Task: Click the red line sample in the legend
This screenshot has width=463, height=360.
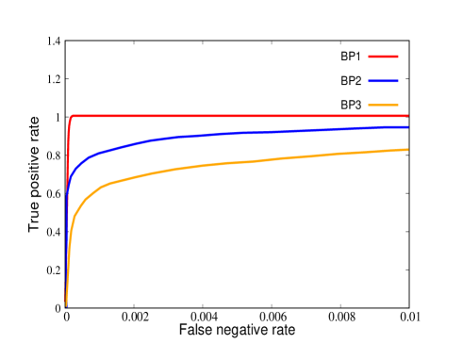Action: [383, 57]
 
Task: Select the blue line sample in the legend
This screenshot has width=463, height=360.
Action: [383, 81]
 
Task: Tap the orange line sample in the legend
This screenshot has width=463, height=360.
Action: [383, 105]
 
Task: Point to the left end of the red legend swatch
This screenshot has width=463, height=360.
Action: [369, 57]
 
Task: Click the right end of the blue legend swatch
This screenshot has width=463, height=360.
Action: [398, 81]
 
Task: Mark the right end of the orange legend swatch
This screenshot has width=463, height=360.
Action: [398, 105]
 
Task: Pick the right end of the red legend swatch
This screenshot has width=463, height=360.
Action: [398, 57]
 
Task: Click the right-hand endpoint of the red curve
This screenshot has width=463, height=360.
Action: [407, 116]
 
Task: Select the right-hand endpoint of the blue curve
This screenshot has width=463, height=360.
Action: [407, 126]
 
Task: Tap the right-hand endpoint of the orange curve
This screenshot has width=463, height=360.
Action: [407, 150]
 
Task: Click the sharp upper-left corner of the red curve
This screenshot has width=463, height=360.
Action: [72, 117]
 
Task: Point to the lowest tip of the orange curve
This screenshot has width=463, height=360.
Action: [66, 305]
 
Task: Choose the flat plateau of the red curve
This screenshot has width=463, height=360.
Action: [236, 116]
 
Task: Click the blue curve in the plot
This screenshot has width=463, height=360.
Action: [236, 133]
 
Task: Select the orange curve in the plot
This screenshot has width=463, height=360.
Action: [236, 162]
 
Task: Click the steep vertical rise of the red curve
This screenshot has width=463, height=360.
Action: [68, 160]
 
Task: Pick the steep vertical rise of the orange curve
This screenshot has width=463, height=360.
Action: [68, 254]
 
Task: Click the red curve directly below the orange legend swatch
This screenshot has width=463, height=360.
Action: [383, 116]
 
